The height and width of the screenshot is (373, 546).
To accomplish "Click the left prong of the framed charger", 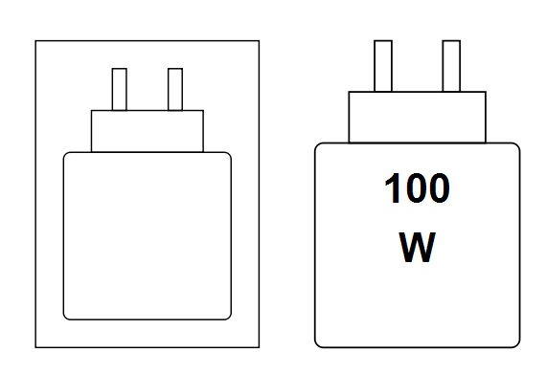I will pos(120,89).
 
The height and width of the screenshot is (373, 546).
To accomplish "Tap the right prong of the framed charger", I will pos(174,89).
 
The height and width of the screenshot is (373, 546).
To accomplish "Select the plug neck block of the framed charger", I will pos(148,131).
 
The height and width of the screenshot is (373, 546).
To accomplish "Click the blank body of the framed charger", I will pos(148,235).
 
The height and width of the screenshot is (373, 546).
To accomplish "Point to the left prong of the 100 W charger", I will pos(382,65).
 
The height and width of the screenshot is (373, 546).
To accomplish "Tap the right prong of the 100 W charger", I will pos(451,65).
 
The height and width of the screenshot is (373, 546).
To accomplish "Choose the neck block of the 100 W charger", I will pos(417,117).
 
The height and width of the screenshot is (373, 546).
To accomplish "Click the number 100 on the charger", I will pos(417,189).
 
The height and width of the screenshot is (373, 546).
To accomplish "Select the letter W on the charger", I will pos(417,249).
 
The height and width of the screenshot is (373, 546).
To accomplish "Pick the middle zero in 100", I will pos(416,189).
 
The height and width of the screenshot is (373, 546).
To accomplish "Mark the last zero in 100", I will pos(438,189).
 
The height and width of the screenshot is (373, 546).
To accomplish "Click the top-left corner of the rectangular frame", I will pos(36,41).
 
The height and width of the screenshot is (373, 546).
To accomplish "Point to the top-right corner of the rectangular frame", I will pos(259,41).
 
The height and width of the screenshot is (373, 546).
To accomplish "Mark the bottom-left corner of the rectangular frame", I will pos(36,346).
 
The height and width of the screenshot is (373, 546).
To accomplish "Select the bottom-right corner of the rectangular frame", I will pos(259,346).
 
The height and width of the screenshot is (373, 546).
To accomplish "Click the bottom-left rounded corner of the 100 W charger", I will pos(319,341).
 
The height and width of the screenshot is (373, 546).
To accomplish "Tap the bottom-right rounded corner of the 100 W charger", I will pos(515,341).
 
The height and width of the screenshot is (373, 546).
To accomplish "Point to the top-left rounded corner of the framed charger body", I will pos(67,156).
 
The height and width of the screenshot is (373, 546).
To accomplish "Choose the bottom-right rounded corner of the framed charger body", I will pos(227,315).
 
